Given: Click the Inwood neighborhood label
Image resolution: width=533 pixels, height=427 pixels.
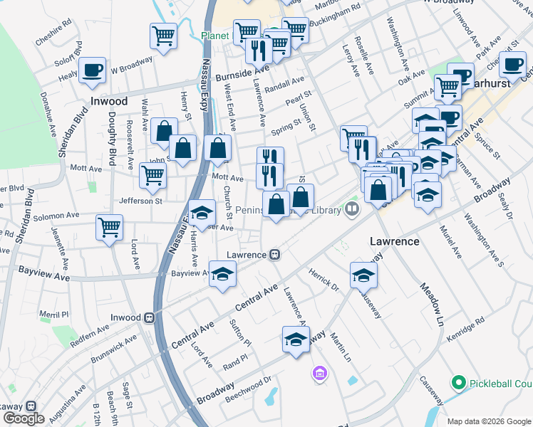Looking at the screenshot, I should [x=108, y=101].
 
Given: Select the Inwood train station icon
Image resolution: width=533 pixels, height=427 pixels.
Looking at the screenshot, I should [x=150, y=317].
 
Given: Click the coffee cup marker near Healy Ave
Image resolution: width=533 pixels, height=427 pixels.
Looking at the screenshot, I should [x=93, y=70].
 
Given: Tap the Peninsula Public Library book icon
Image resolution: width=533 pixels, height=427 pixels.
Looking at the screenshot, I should [x=351, y=209].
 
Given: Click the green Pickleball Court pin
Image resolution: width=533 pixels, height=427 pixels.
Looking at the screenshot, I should [x=458, y=383].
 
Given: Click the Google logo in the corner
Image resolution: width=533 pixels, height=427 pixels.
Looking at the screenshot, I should [x=23, y=418].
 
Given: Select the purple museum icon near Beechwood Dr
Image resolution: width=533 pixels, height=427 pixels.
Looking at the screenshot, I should [x=319, y=373].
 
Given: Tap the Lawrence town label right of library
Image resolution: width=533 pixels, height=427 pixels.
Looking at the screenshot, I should [x=394, y=241].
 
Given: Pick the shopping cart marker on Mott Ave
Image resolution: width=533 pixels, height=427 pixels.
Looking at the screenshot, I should [x=153, y=175].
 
